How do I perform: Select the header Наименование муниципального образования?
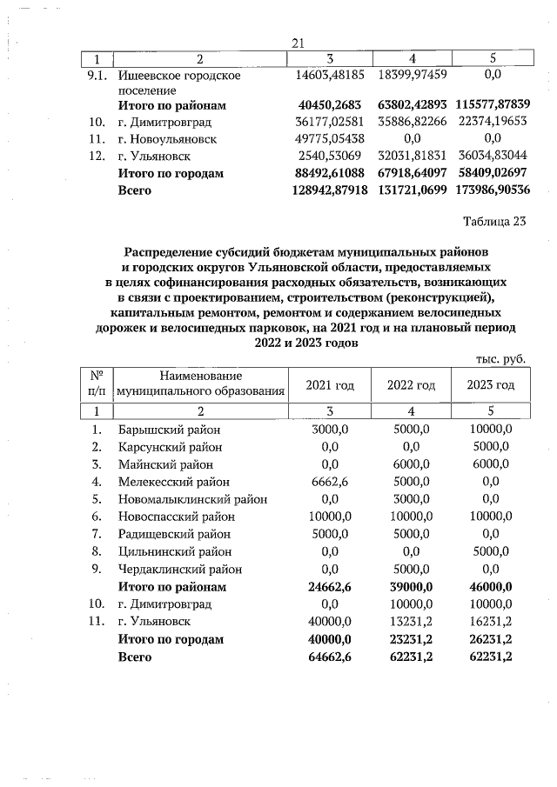(x=202, y=384)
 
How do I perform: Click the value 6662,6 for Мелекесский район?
(x=329, y=482)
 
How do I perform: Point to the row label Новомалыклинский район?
(x=192, y=499)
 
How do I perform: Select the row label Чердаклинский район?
(x=179, y=569)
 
